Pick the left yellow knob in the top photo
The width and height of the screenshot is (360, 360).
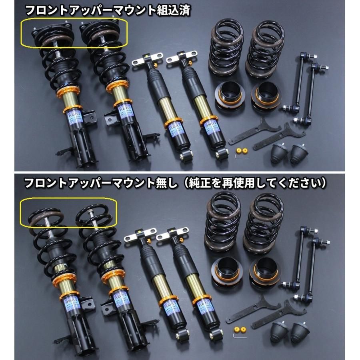pyautogui.click(x=239, y=150)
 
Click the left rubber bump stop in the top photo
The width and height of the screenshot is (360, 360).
pyautogui.click(x=280, y=153)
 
